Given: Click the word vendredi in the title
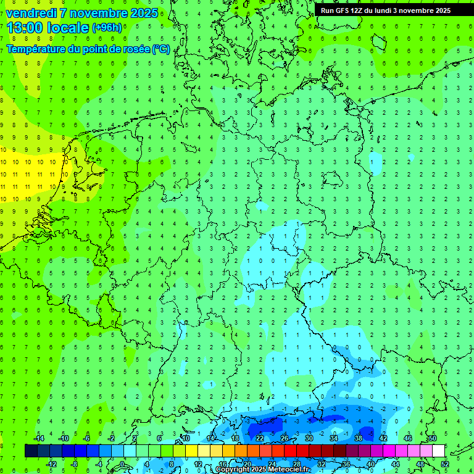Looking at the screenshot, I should click(31, 13).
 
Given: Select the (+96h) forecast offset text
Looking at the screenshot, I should click(107, 28).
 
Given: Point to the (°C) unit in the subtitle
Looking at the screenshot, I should click(161, 49).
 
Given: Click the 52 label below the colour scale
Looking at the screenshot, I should click(444, 464).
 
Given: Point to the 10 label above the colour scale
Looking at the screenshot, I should click(186, 438).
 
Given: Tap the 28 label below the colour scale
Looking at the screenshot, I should click(297, 464).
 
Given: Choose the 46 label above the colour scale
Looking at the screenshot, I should click(408, 438).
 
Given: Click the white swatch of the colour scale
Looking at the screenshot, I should click(438, 451).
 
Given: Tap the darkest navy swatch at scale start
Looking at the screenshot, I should click(31, 451).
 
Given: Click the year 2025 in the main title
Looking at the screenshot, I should click(144, 13).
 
